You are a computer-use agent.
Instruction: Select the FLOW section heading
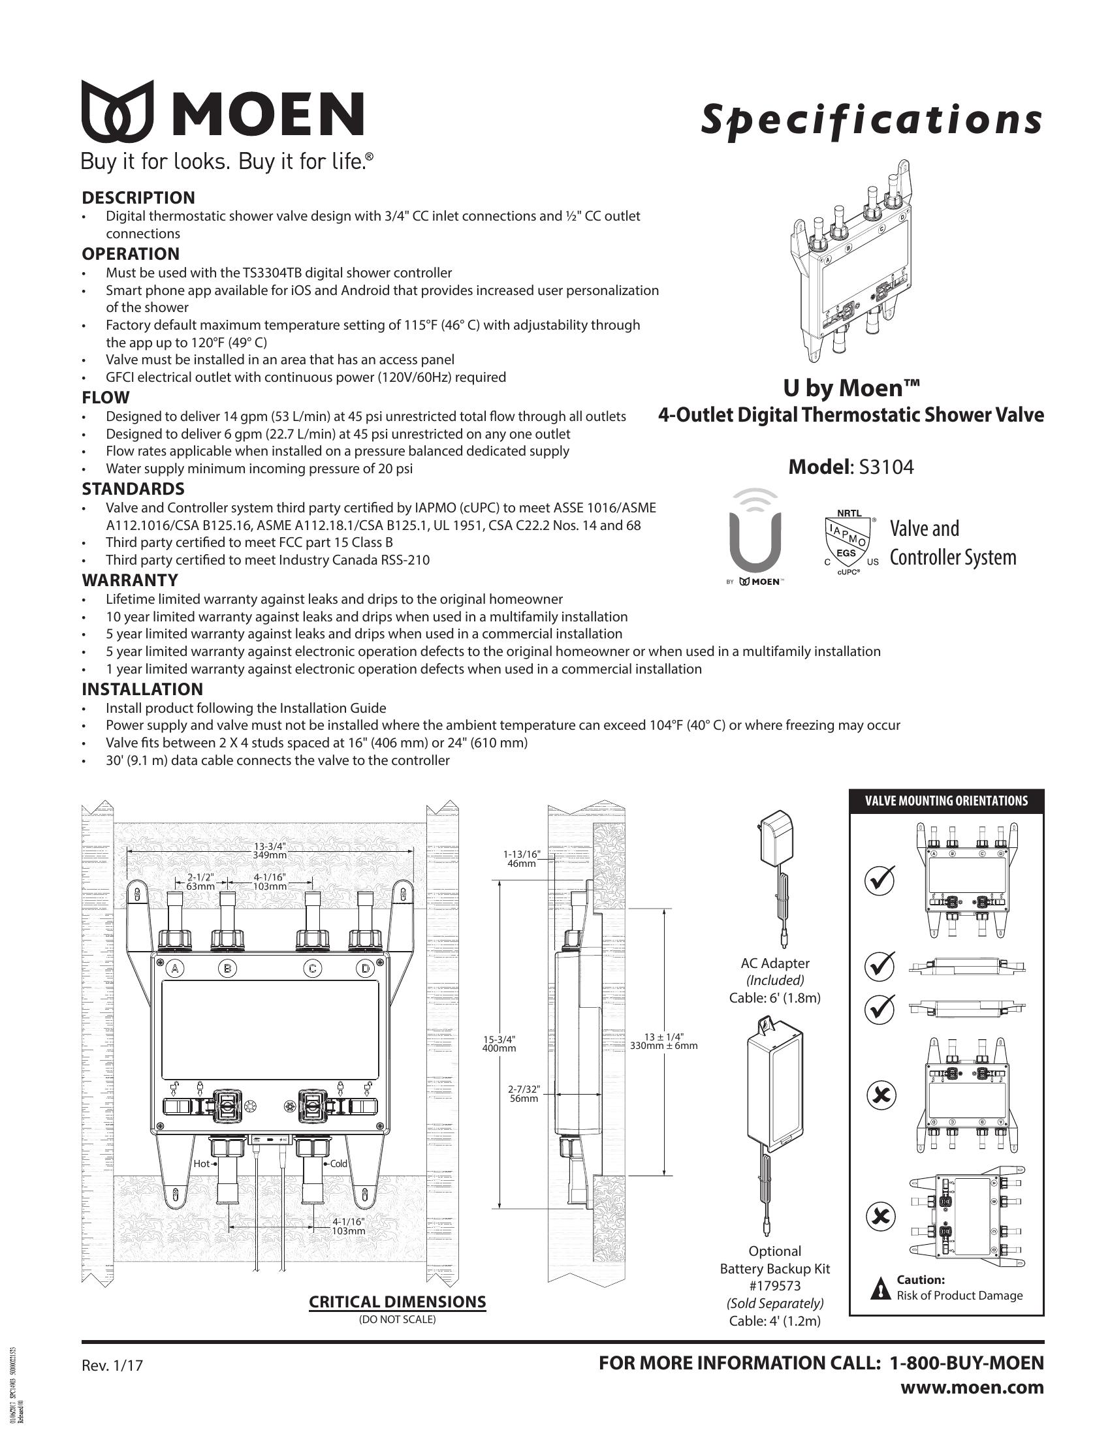click(105, 398)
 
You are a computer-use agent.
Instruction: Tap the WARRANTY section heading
click(129, 580)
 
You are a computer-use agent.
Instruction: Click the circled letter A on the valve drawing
click(175, 969)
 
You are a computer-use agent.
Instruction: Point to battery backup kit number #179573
click(774, 1286)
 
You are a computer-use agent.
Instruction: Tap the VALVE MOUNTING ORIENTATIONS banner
click(946, 801)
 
